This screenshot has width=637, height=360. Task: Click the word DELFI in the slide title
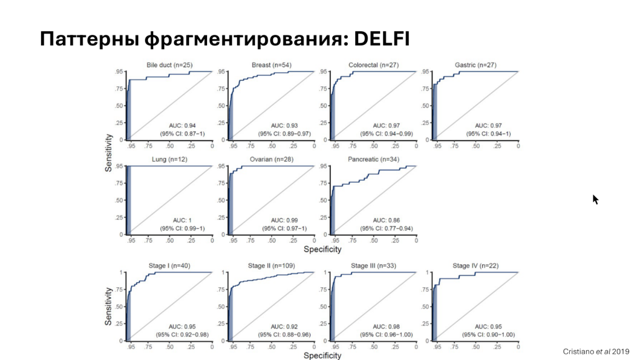coord(381,39)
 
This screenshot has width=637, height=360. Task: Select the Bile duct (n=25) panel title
coord(169,65)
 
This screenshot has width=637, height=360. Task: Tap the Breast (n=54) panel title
coord(271,65)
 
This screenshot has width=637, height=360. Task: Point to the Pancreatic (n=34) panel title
coord(373,160)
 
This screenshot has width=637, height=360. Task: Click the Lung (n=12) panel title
coord(169,160)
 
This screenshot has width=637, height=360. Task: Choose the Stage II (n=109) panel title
coord(271,266)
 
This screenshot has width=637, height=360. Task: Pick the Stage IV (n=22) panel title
coord(475,266)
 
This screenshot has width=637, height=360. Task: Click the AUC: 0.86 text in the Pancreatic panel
coord(386,220)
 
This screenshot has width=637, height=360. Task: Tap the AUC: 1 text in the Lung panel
coord(182,220)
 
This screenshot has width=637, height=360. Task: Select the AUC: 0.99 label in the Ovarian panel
coord(284,220)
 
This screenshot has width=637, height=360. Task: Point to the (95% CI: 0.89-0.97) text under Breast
coord(284,134)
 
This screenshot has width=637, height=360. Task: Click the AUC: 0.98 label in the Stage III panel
coord(386,326)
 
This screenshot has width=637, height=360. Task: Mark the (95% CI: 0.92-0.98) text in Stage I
coord(182,335)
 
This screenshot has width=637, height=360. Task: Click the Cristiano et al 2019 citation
coord(596,351)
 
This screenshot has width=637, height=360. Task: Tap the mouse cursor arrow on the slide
coord(595,200)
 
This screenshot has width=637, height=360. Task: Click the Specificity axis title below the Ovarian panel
coord(323,249)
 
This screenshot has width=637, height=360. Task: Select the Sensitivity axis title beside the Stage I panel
coord(108,307)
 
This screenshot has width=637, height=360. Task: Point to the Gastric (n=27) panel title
coord(475,65)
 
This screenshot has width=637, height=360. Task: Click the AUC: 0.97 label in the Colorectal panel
coord(386,126)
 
